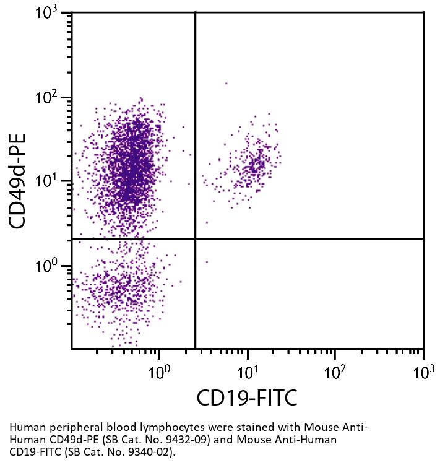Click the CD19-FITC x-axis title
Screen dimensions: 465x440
click(x=247, y=398)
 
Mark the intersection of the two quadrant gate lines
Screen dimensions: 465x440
click(x=196, y=238)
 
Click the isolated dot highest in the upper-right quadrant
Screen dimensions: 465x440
click(x=226, y=83)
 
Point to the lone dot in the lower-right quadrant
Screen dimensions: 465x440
click(x=207, y=262)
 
